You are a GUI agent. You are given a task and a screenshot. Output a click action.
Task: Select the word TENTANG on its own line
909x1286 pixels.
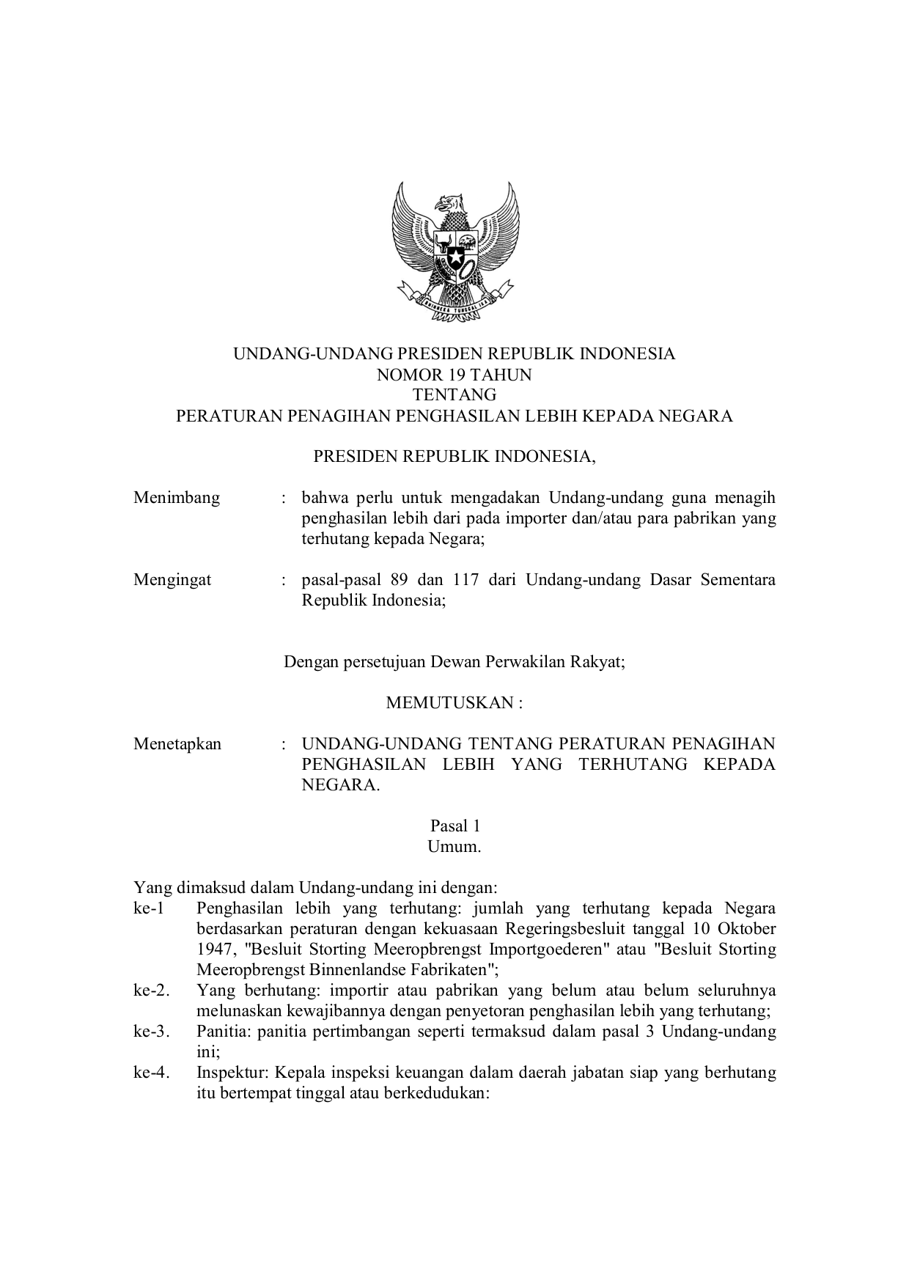[454, 395]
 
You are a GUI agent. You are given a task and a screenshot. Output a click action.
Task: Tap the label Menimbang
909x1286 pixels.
[177, 498]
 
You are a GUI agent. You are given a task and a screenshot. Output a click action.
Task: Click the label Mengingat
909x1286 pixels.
[172, 580]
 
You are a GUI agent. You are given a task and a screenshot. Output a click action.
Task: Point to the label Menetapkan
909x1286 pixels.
[177, 744]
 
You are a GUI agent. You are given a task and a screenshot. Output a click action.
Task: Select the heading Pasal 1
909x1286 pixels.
[454, 826]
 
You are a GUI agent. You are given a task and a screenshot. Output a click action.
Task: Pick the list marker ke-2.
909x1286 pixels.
[151, 991]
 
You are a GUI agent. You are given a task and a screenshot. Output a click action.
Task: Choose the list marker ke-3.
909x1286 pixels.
[151, 1032]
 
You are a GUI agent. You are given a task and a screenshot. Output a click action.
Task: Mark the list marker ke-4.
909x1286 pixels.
[151, 1073]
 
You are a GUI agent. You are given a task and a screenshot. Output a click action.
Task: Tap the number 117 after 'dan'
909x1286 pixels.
[466, 580]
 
